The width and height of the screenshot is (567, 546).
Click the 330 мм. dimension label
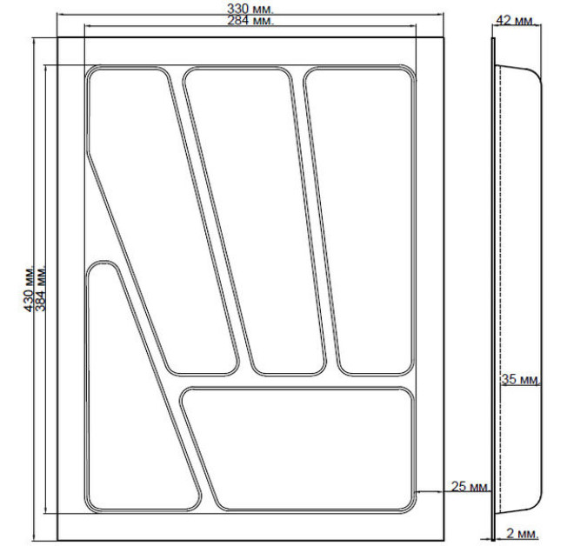click(250, 9)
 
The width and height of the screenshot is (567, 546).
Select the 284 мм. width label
click(250, 20)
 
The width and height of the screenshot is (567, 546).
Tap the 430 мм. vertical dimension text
click(29, 290)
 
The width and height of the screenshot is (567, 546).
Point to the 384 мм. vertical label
click(41, 290)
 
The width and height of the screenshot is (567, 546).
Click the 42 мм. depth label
click(515, 21)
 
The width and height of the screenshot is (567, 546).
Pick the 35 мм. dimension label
click(520, 379)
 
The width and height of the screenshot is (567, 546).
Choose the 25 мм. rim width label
click(470, 486)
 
